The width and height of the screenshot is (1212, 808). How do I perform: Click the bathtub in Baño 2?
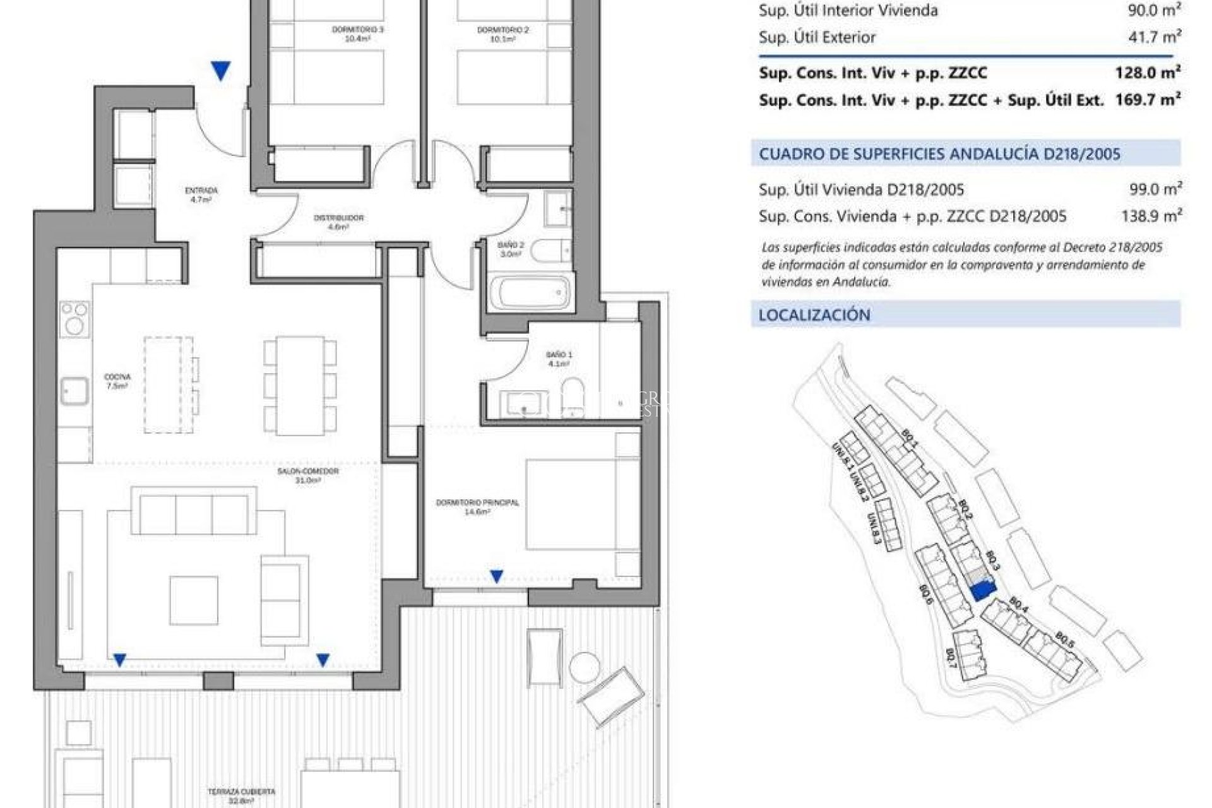pos(533,293)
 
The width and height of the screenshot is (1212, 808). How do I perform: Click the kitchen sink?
pos(74,391)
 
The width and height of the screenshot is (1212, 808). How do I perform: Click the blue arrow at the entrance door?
pos(220,71)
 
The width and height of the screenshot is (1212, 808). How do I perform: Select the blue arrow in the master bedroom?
pos(497,576)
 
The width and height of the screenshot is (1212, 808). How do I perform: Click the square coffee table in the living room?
pos(193,600)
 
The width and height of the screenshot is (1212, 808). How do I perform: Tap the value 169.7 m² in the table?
pos(1148,100)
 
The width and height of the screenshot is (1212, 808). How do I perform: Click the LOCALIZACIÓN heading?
pos(814,315)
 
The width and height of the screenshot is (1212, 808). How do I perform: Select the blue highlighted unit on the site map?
pos(982,591)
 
